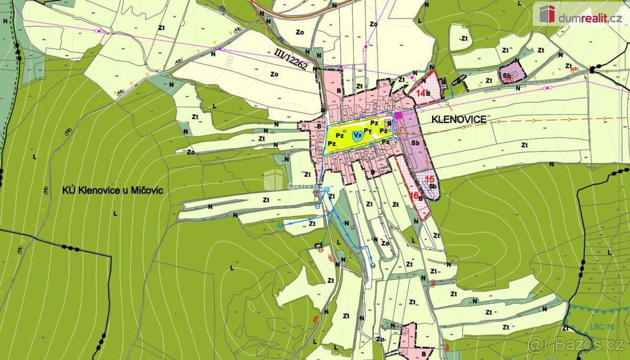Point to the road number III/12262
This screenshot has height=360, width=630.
tap(291, 59)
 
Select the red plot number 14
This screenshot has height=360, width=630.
tap(420, 93)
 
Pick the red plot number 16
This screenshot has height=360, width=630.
tap(413, 195)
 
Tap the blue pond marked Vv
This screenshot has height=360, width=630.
tap(358, 135)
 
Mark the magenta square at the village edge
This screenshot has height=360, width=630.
tap(398, 115)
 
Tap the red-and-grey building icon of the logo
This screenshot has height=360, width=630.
tap(545, 13)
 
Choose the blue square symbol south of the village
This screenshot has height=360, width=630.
tap(327, 189)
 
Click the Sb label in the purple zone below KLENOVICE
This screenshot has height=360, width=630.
tap(415, 142)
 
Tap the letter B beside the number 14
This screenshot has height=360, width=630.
tap(428, 94)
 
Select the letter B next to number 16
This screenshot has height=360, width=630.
tap(421, 198)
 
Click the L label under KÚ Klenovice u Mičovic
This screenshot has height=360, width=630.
tap(114, 214)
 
